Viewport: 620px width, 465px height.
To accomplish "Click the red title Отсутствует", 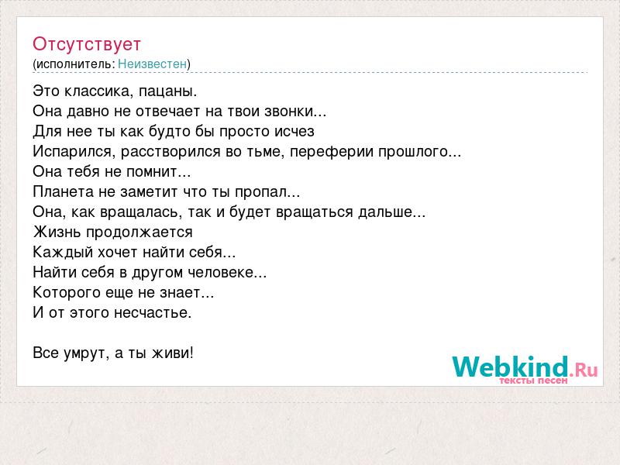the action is pos(87,44).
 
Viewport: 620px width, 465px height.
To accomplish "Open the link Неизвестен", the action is pos(152,64).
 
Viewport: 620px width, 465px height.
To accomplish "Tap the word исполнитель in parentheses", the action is pos(74,64).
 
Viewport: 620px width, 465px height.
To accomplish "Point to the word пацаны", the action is pos(167,92).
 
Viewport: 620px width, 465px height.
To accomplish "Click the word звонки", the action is pos(295,111).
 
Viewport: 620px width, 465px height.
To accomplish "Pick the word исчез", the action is pos(294,131).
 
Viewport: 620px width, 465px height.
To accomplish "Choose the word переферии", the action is pos(332,152).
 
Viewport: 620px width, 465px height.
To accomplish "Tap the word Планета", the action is pos(63,191).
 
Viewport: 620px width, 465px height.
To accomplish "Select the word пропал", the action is pos(267,192).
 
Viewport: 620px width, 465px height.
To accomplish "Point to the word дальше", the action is pos(392,212).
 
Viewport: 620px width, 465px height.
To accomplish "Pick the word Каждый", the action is pos(63,253).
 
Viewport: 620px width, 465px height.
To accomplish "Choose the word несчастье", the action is pos(153,313).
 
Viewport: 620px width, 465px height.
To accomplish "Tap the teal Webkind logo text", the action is pos(511,366).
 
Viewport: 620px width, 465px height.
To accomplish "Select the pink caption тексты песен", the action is pos(533,381).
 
